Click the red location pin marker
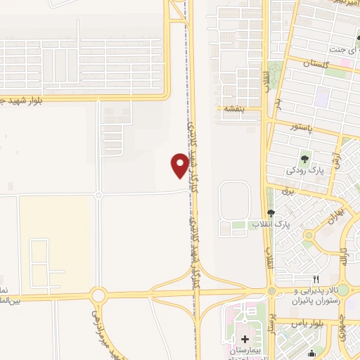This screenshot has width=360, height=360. pyautogui.click(x=179, y=166)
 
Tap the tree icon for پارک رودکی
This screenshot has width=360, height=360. pyautogui.click(x=304, y=156)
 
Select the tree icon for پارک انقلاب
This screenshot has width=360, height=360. pyautogui.click(x=271, y=213)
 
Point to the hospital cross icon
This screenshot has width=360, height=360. pyautogui.click(x=245, y=339)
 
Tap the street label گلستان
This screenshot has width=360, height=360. pyautogui.click(x=316, y=64)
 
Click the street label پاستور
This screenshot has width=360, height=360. pyautogui.click(x=305, y=126)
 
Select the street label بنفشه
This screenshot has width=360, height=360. pyautogui.click(x=233, y=110)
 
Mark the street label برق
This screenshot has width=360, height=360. pyautogui.click(x=285, y=191)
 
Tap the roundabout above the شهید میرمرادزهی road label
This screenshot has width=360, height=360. pyautogui.click(x=97, y=295)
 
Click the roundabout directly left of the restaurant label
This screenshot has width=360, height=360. pyautogui.click(x=271, y=291)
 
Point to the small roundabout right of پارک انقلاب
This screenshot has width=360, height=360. pyautogui.click(x=308, y=236)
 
